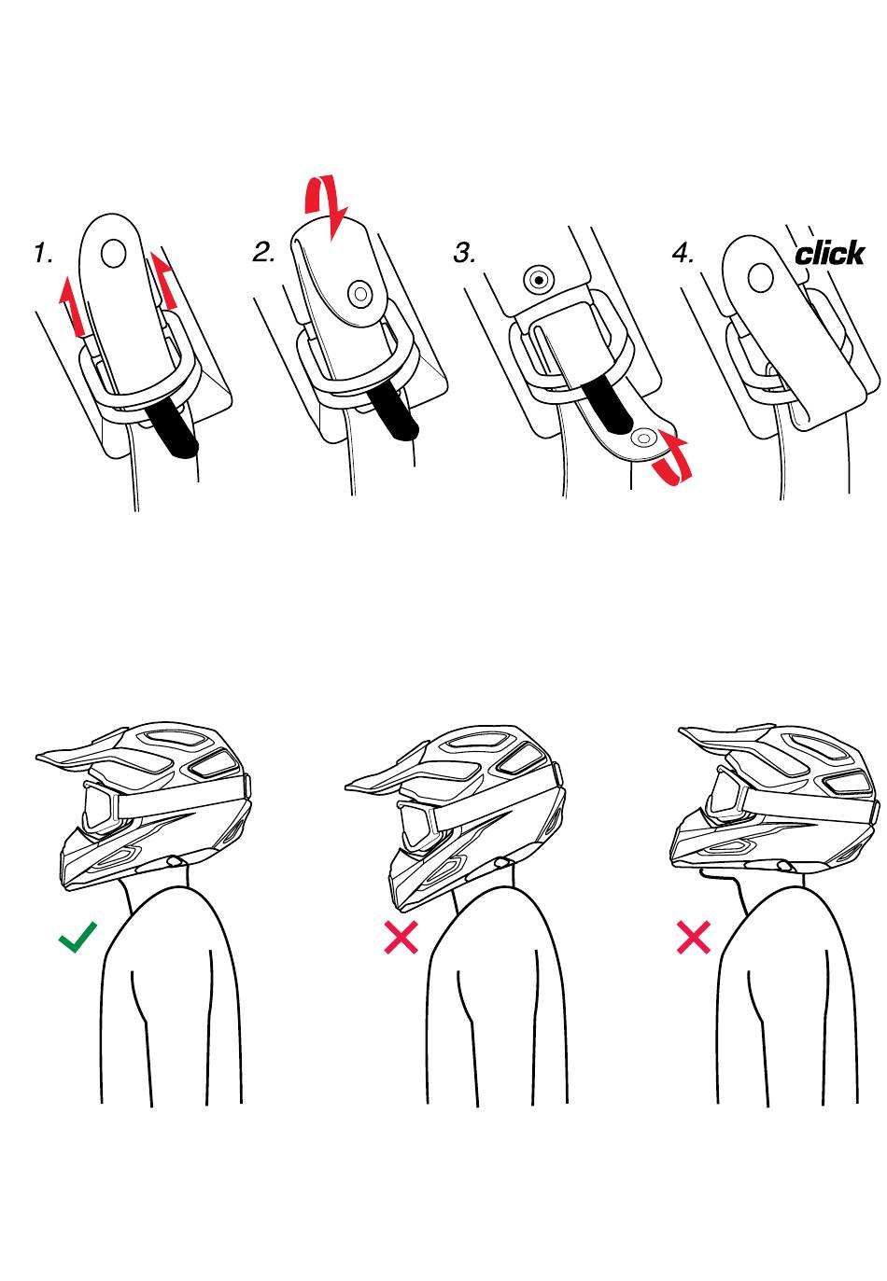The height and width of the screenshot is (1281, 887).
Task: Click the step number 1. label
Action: pos(43,253)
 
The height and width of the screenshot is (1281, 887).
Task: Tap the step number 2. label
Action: pos(264,252)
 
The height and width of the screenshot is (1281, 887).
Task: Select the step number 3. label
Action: pos(464,253)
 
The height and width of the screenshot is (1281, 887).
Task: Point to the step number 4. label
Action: pos(683,253)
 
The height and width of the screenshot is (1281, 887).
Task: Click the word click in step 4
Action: pos(829,254)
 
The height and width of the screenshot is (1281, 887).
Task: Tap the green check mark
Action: pos(77,937)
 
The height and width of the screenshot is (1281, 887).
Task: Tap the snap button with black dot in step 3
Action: pos(539,280)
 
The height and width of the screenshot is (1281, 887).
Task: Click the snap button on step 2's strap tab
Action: pos(360,294)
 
